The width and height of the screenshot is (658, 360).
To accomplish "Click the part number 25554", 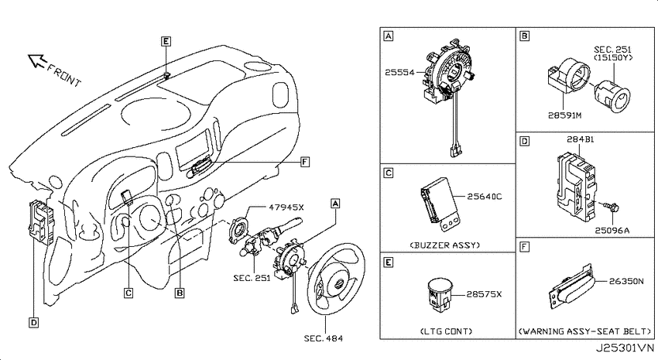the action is (x=399, y=72).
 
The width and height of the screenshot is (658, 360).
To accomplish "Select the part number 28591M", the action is (x=565, y=115).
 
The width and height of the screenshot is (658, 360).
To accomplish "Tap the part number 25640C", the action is (x=485, y=196).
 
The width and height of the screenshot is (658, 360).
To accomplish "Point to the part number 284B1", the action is (x=581, y=139).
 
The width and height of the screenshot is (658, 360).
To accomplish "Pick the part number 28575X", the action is (x=484, y=294).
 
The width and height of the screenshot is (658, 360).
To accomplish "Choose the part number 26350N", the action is (x=626, y=281).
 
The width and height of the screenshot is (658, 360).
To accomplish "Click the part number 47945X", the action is (x=286, y=207).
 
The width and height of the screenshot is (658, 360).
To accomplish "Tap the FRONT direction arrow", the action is (x=36, y=61).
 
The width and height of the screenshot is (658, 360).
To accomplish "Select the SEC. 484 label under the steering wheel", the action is (x=323, y=338).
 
